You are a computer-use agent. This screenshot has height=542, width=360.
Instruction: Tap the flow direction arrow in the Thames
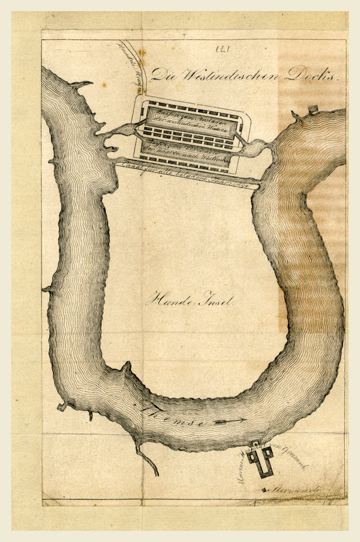[229, 421]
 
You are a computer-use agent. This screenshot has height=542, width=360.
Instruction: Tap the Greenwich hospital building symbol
[260, 458]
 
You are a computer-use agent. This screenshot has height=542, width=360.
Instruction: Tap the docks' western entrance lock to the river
[123, 130]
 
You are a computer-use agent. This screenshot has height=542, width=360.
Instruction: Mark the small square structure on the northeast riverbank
[313, 110]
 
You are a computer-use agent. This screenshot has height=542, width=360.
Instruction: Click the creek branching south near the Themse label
[149, 461]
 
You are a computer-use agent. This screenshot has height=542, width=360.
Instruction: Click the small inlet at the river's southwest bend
[63, 406]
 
